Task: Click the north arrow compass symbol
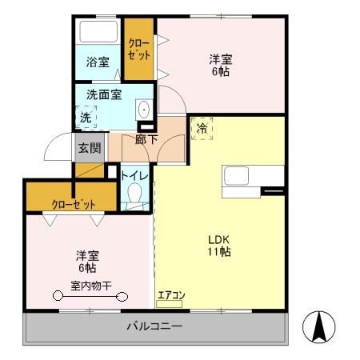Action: point(318,328)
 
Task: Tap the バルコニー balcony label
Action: point(155,327)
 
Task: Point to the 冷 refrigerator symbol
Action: point(202,128)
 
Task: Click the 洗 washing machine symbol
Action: point(86,118)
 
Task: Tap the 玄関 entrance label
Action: point(88,147)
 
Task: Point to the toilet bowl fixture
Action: point(134,194)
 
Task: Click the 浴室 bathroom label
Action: point(98,62)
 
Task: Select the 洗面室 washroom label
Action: point(105,94)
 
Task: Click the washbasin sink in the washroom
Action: point(144,111)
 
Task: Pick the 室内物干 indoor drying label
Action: point(90,286)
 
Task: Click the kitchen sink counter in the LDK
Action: point(252,176)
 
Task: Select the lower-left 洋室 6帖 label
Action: point(88,262)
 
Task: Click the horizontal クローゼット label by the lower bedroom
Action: point(73,203)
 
